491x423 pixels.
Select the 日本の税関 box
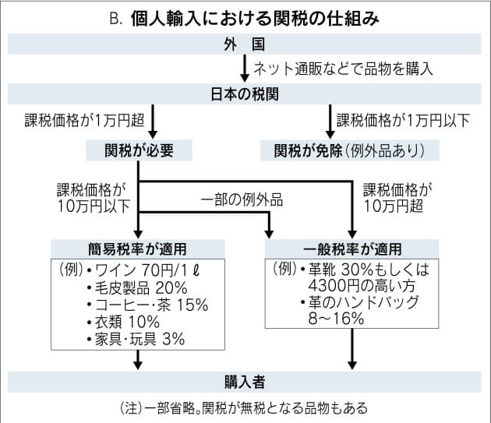(x=245, y=95)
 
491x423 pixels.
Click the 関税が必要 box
(x=137, y=148)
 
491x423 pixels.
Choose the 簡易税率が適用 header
(x=137, y=249)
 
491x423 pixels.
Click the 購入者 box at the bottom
(x=245, y=382)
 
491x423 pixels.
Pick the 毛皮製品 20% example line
(x=137, y=287)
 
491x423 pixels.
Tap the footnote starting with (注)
(x=245, y=407)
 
